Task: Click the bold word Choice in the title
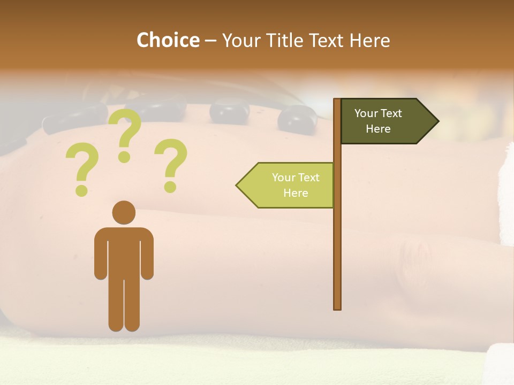[168, 40]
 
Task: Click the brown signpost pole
[337, 241]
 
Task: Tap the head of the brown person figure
[124, 212]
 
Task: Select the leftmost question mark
[81, 168]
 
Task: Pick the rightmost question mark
[171, 163]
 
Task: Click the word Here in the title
[369, 41]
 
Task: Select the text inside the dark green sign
[378, 121]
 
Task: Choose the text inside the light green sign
[296, 185]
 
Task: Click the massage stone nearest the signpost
[298, 118]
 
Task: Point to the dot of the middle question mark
[124, 157]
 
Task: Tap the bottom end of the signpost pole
[337, 307]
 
